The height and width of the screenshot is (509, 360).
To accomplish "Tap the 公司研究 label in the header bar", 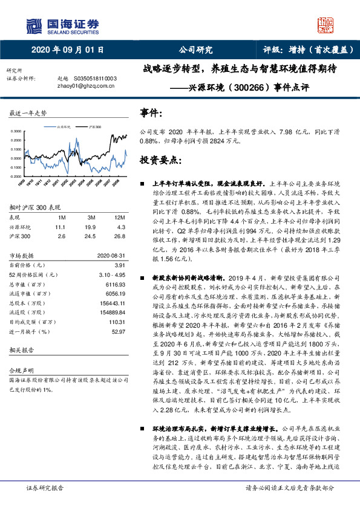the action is pos(195,50).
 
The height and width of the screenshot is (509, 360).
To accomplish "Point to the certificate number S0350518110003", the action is pos(94,79).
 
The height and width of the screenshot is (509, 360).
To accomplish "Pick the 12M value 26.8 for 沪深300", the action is pos(120,235).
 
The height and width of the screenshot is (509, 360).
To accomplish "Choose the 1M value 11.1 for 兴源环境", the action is pos(60,225).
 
